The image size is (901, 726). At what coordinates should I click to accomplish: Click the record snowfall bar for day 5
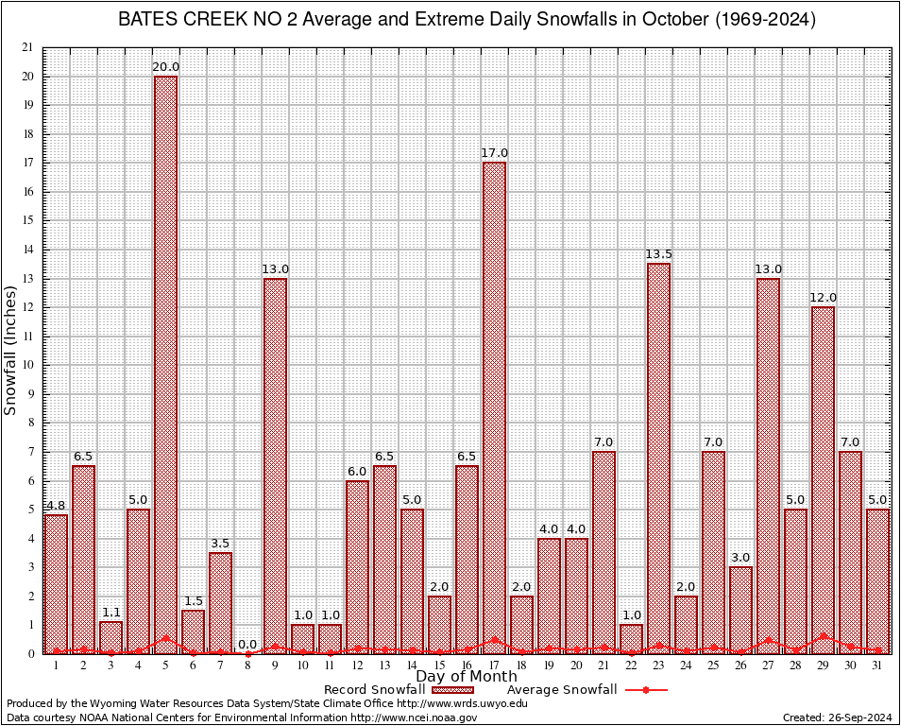point(165,364)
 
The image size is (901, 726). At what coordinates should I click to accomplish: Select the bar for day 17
point(494,407)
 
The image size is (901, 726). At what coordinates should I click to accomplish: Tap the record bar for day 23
point(658,458)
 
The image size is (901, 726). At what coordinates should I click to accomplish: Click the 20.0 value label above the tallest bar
point(165,66)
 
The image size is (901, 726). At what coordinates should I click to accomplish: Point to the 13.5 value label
point(658,254)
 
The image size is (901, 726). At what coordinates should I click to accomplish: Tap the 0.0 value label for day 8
point(247,645)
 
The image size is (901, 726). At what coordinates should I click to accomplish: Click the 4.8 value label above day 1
point(56,505)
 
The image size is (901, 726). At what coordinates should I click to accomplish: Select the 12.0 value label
point(823,298)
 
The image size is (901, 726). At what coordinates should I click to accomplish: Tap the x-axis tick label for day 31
point(877,665)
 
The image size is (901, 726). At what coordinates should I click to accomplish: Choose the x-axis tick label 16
point(467,665)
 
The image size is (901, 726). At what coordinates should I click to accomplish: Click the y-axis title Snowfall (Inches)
point(11,351)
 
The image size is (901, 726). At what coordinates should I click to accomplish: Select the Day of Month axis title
point(466,677)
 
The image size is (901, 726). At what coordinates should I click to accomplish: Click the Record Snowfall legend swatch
point(453,690)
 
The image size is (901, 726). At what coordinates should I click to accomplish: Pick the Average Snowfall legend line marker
point(646,690)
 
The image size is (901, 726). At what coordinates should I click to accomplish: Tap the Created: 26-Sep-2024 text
point(837,717)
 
